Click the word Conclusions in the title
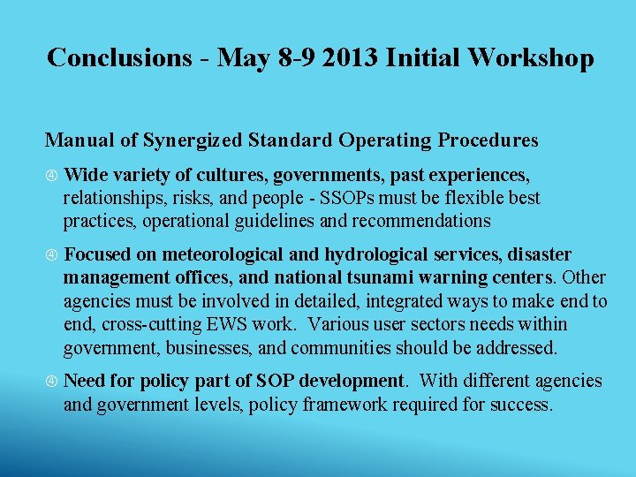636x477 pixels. coord(117,57)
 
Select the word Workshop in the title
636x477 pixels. coord(531,57)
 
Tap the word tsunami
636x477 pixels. coord(381,278)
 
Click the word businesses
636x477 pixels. coord(195,347)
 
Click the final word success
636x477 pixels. coord(523,405)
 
